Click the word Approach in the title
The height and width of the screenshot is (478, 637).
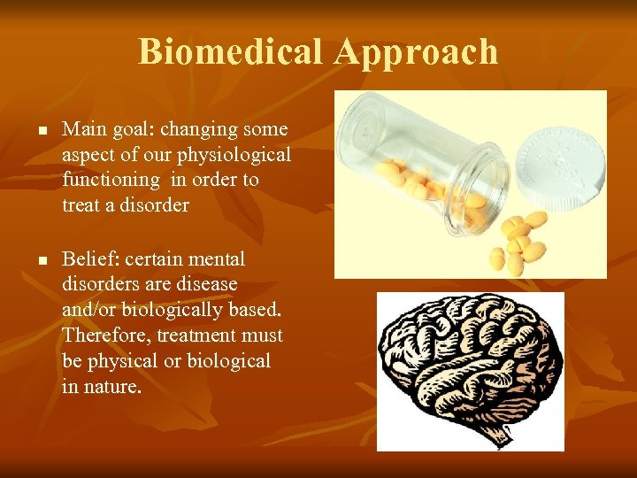tap(416, 53)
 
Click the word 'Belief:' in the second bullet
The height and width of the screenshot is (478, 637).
tap(91, 259)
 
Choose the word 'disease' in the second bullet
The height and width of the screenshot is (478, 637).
tap(205, 285)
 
